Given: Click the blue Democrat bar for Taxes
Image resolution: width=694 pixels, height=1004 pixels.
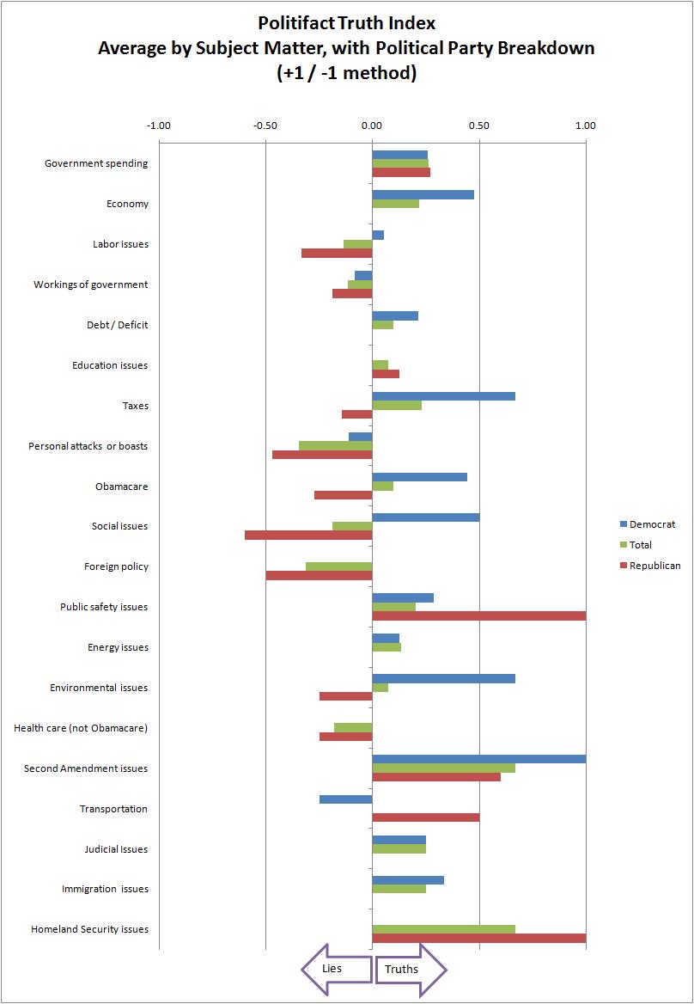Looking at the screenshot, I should click(443, 396).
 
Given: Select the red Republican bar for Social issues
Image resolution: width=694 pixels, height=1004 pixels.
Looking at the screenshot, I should click(308, 535).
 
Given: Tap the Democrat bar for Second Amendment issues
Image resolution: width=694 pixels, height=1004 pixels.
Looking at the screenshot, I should click(478, 759).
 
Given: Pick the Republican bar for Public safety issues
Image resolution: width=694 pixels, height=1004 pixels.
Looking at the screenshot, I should click(478, 615).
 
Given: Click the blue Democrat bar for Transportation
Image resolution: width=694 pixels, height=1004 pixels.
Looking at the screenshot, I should click(345, 799).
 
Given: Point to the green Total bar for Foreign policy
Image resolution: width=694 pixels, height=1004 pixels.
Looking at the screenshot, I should click(338, 566).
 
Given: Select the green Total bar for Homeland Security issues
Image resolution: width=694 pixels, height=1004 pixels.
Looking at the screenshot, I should click(443, 928).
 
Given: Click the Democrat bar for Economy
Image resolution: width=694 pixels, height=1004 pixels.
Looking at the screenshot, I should click(423, 194).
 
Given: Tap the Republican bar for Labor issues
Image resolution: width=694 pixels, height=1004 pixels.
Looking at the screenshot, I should click(337, 253).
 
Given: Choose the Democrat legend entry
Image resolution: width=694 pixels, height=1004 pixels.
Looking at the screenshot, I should click(652, 524).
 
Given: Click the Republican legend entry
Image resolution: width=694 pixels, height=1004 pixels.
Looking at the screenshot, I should click(654, 566).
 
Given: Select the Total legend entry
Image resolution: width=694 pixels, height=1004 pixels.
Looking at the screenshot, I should click(640, 545).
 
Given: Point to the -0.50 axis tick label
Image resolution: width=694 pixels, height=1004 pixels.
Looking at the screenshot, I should click(265, 125).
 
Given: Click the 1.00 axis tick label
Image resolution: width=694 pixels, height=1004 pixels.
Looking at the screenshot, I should click(585, 125).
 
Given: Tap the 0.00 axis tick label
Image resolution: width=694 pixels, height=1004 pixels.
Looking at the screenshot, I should click(372, 125).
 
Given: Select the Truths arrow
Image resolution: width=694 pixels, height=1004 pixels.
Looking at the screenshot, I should click(411, 970).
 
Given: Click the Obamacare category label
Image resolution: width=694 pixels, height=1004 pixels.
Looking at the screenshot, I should click(121, 487).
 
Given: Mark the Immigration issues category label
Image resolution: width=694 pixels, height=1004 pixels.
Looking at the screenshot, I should click(105, 889).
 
